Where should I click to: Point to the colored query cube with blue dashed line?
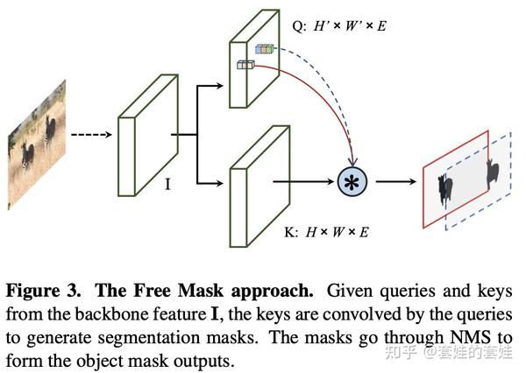pyautogui.click(x=263, y=51)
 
